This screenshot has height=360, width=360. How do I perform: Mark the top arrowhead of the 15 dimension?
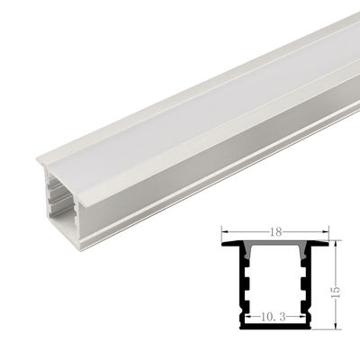pyautogui.click(x=334, y=245)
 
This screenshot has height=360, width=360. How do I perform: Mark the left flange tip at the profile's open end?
pyautogui.click(x=41, y=163)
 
